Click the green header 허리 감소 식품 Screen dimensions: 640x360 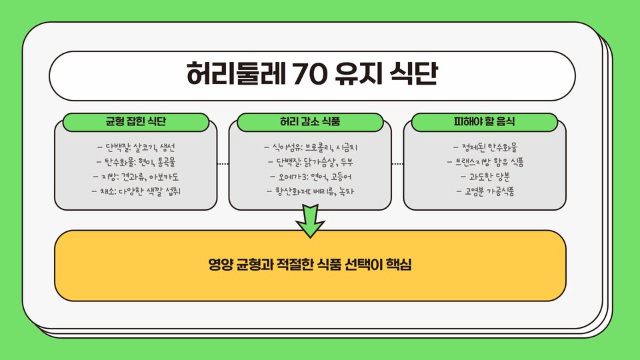(310, 123)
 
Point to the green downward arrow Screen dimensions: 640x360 (310, 221)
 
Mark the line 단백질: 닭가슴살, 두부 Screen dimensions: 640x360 (310, 162)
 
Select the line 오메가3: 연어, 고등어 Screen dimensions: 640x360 (310, 177)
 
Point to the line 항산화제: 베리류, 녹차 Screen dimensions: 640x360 (310, 192)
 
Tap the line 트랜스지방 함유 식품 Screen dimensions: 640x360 (485, 162)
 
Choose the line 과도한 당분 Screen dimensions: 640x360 (485, 177)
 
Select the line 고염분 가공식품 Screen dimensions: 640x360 (485, 192)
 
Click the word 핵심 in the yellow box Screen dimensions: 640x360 (400, 265)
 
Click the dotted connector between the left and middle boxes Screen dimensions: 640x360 (223, 163)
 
